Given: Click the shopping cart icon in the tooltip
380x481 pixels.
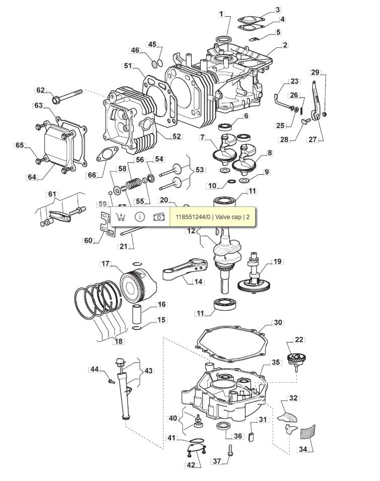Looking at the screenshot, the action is (120, 217).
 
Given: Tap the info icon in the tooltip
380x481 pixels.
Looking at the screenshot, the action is (140, 217).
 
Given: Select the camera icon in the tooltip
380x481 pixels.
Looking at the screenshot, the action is (159, 217).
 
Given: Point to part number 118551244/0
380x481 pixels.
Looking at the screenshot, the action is (193, 217).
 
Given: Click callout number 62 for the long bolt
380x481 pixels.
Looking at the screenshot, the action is (40, 90).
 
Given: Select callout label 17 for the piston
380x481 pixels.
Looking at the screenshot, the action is (105, 264).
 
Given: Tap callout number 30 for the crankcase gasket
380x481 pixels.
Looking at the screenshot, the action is (278, 322).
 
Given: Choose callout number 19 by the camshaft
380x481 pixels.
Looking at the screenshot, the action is (277, 262).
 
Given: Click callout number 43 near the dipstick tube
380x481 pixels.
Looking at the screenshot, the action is (148, 371).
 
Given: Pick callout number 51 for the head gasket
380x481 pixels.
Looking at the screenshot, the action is (128, 65).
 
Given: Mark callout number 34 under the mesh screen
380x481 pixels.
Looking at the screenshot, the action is (303, 449).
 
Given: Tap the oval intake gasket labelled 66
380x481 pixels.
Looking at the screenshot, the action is (107, 154).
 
